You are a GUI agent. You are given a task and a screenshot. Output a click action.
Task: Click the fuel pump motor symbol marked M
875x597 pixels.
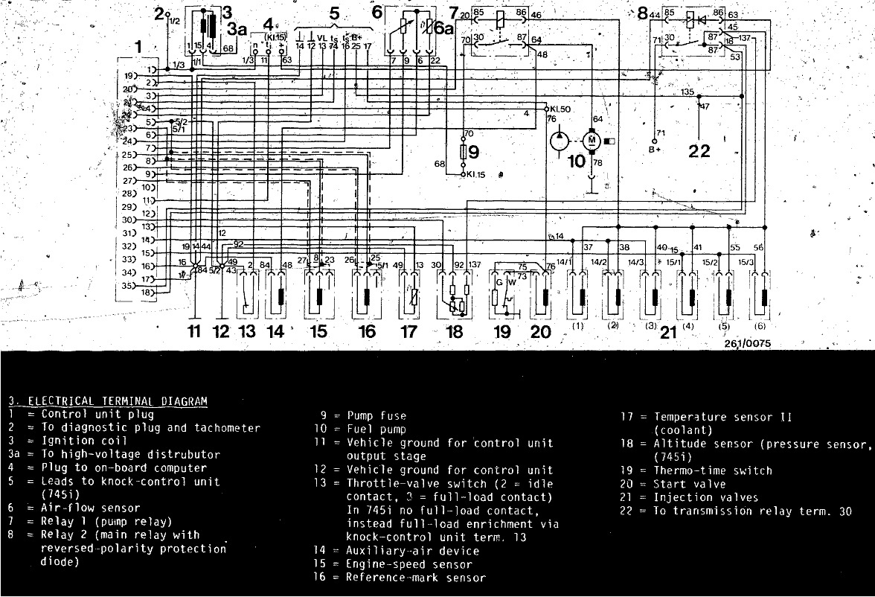592,139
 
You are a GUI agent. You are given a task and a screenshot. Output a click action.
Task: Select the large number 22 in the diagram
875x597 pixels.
699,152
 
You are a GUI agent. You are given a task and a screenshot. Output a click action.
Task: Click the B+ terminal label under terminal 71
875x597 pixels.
656,149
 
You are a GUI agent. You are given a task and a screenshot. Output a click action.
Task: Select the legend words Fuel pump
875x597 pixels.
376,430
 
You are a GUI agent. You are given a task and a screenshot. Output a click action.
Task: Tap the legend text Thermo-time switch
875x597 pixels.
713,470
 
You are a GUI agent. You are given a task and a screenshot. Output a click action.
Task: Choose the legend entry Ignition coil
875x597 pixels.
79,441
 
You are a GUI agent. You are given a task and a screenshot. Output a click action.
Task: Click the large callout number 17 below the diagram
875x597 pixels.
408,331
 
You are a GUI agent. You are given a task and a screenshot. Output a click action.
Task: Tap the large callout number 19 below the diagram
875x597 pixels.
502,331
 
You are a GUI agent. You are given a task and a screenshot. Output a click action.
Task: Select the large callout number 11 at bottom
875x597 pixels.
194,331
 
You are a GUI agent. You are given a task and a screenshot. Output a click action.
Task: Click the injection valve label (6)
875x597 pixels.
762,326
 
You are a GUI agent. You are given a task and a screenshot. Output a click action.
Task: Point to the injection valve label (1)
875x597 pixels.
577,326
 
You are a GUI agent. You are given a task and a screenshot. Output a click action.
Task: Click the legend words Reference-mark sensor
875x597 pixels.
416,578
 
